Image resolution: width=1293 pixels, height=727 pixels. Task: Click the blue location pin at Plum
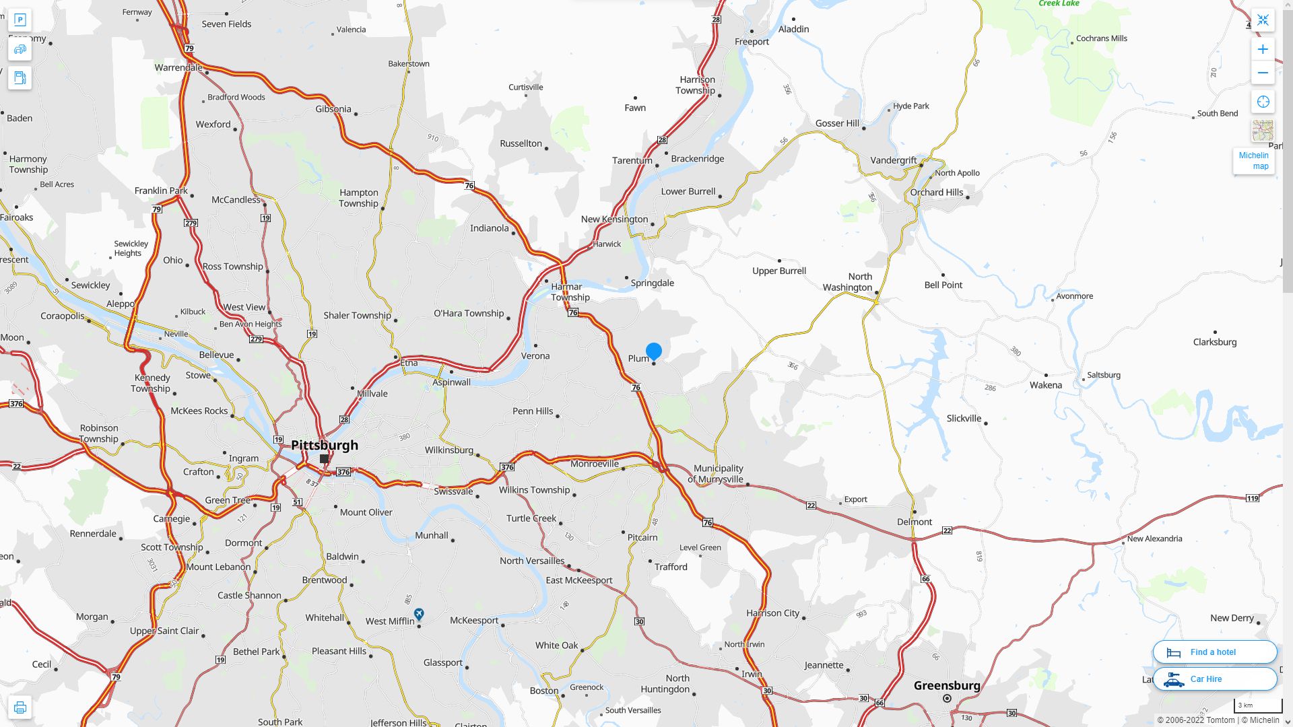coord(653,351)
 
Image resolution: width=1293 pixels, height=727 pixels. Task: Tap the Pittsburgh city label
coord(325,445)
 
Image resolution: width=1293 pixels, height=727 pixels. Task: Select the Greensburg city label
coord(947,685)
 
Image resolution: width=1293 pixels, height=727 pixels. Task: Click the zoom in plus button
coord(1263,49)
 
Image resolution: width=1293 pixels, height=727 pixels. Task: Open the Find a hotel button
coord(1214,652)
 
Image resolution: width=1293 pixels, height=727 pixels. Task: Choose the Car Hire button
coord(1214,679)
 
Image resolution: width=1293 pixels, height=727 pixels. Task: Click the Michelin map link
coord(1253,161)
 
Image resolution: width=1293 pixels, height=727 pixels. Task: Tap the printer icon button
coord(20,707)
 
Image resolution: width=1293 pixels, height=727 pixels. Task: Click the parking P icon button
coord(20,20)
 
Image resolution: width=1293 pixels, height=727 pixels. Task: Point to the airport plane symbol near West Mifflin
coord(419,613)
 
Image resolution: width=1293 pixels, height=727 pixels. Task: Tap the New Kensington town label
coord(614,219)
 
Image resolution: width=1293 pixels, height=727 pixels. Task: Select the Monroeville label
coord(594,463)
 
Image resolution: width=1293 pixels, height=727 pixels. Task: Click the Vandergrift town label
coord(893,160)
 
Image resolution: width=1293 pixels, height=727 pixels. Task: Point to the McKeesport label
coord(474,620)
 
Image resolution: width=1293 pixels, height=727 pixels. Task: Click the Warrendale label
coord(178,67)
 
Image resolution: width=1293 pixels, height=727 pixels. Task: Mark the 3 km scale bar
coord(1257,705)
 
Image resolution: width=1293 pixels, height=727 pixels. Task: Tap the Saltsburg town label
coord(1103,375)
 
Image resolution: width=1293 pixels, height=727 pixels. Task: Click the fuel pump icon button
coord(20,77)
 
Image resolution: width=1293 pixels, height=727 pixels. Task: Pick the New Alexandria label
coord(1154,539)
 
